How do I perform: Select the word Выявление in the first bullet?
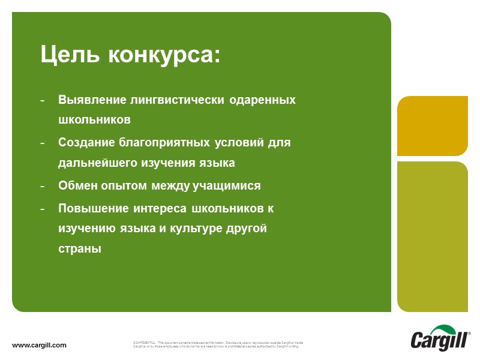point(92,100)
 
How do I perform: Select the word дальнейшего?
point(97,163)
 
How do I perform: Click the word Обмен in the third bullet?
point(77,185)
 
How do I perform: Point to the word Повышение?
point(93,208)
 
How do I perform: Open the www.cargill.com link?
point(40,345)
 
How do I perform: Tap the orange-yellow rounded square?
point(433,125)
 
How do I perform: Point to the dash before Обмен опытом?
point(43,186)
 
